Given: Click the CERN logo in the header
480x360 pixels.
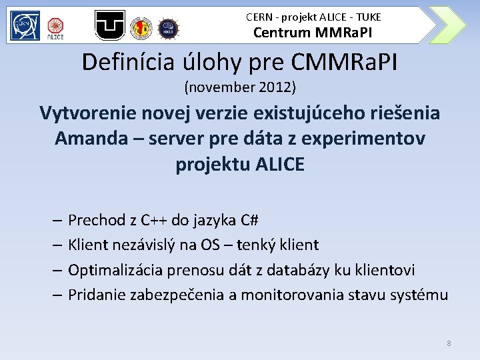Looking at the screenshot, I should [25, 25].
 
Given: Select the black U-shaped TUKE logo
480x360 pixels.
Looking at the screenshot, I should [109, 25].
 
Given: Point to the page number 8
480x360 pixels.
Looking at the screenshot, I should [449, 343].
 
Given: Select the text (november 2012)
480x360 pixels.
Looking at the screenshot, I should [240, 87].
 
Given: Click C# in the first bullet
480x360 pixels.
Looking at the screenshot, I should [247, 220].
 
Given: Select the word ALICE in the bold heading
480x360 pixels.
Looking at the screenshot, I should [279, 164].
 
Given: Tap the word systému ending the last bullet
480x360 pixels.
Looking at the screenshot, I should [419, 295].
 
